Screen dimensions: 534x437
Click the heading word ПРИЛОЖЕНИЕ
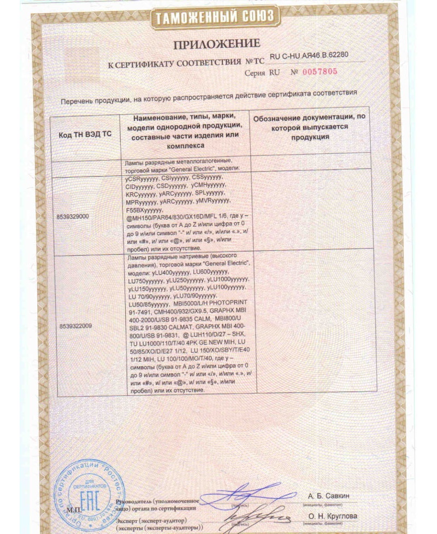point(217,43)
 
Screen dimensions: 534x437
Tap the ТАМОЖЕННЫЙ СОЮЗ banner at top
point(217,17)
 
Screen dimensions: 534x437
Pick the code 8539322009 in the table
point(75,325)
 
